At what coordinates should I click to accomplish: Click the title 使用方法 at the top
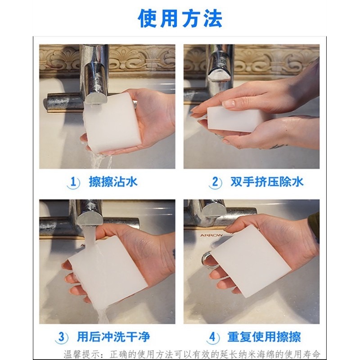(180, 18)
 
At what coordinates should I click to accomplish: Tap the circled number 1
(74, 182)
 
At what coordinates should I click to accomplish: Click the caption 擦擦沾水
(113, 182)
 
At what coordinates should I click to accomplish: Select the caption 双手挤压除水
(267, 182)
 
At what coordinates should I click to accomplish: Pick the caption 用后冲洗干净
(113, 337)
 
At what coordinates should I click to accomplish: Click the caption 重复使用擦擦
(264, 337)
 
